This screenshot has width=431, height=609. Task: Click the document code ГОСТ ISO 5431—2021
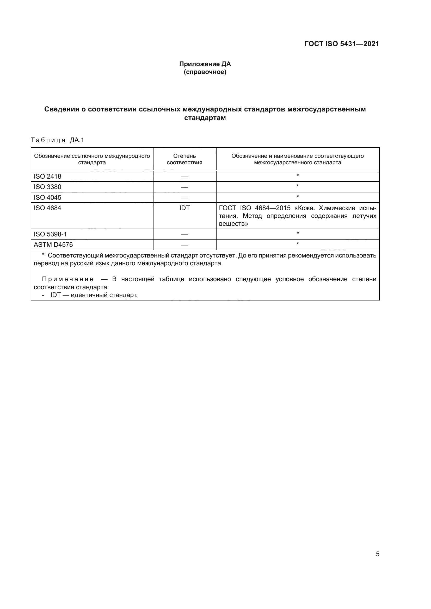(342, 44)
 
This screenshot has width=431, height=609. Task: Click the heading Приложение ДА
(205, 64)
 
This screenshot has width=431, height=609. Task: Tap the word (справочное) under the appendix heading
(205, 72)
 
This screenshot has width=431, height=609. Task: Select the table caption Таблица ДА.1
(57, 140)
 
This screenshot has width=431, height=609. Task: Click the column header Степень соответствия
(184, 159)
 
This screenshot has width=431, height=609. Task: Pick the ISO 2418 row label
(47, 176)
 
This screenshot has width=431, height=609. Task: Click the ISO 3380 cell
(47, 187)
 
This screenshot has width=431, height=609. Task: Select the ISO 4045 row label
(47, 198)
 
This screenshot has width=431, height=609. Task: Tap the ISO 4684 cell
(47, 208)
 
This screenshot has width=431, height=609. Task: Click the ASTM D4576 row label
(53, 244)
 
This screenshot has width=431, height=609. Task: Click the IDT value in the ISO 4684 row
(184, 208)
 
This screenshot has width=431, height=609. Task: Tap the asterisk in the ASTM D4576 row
(298, 244)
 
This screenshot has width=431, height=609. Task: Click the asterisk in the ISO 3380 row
(298, 186)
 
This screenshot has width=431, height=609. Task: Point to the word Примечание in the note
(68, 279)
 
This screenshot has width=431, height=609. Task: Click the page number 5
(378, 554)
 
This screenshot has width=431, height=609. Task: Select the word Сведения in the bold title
(61, 109)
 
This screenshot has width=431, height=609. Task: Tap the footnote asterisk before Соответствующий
(43, 255)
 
